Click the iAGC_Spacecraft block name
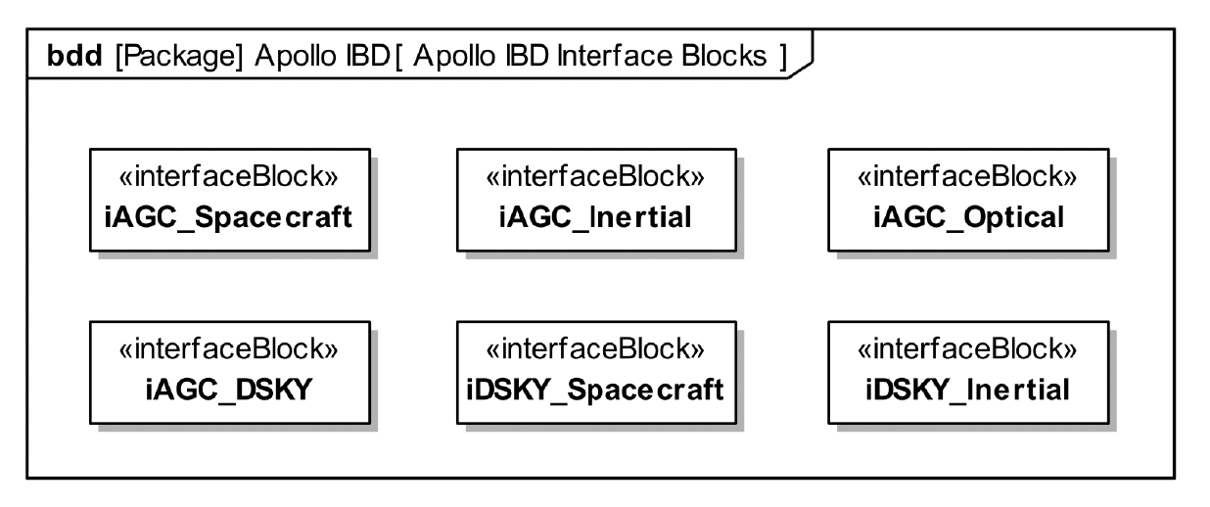coord(228,217)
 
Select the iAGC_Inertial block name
coord(595,217)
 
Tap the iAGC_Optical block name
coord(968,217)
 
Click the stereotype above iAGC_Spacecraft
coord(228,178)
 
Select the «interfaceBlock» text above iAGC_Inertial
coord(595,178)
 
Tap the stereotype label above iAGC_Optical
coord(968,178)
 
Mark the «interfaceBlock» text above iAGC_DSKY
coord(228,350)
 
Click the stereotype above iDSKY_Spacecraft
coord(595,350)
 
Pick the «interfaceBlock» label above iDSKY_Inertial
coord(968,350)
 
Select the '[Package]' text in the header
coord(179,57)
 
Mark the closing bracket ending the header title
coord(783,57)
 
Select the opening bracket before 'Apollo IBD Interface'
coord(401,57)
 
